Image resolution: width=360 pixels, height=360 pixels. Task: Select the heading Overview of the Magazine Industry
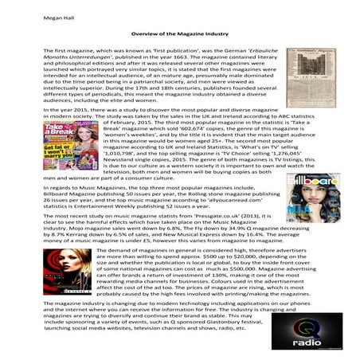click(x=179, y=36)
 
